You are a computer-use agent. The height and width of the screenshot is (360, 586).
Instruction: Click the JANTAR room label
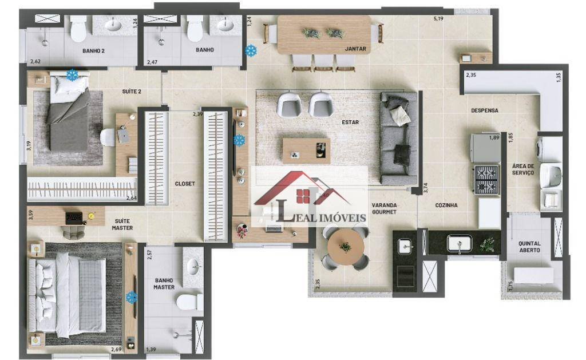click(355, 49)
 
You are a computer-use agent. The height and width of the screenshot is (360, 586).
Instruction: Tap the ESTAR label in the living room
click(350, 122)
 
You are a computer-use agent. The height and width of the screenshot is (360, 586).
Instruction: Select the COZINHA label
click(446, 205)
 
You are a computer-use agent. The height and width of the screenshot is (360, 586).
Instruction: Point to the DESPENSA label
click(484, 110)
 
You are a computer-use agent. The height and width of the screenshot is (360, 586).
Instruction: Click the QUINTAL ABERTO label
click(529, 247)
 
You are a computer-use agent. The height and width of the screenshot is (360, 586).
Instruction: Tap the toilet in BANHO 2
click(78, 29)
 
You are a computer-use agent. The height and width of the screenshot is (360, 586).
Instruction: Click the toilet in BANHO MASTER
click(190, 302)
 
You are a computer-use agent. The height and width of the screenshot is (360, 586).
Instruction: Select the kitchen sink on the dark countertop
click(460, 243)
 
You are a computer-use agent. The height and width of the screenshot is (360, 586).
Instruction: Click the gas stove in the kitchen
click(486, 180)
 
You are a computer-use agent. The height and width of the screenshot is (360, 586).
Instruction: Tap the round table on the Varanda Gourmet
click(346, 247)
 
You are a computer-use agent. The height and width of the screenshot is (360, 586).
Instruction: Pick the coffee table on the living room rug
click(306, 151)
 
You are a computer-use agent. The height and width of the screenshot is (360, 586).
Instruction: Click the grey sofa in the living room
click(398, 139)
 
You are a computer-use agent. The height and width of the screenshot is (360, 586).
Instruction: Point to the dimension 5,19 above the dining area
click(438, 18)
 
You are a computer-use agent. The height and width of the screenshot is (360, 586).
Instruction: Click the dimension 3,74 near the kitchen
click(425, 188)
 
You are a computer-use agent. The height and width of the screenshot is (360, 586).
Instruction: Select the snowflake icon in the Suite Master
click(131, 297)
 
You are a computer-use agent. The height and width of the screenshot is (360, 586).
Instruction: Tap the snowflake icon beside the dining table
click(251, 50)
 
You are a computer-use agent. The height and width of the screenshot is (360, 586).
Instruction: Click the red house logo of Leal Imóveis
click(302, 189)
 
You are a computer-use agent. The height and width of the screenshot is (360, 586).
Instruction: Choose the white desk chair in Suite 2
click(107, 137)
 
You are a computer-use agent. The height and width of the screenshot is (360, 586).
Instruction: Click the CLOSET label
click(185, 184)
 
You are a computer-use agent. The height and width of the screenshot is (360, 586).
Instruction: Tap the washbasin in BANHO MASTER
click(193, 267)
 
